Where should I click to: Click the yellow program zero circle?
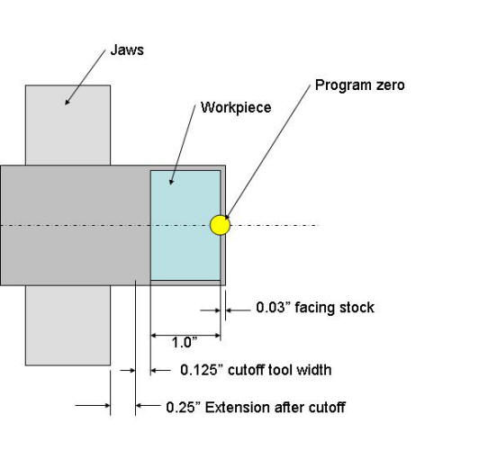(x=220, y=224)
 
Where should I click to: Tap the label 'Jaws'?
(x=126, y=50)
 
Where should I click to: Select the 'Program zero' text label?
(x=359, y=85)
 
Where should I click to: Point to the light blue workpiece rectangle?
(x=185, y=225)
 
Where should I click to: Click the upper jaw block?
(x=68, y=125)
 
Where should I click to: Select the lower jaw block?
(x=68, y=325)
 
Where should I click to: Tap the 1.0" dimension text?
(x=184, y=342)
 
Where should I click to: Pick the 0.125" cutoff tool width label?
(x=256, y=370)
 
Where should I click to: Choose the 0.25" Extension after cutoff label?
(x=256, y=407)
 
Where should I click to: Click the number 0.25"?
(x=184, y=407)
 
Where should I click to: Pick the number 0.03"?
(x=273, y=308)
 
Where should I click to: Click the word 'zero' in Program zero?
(x=388, y=85)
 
